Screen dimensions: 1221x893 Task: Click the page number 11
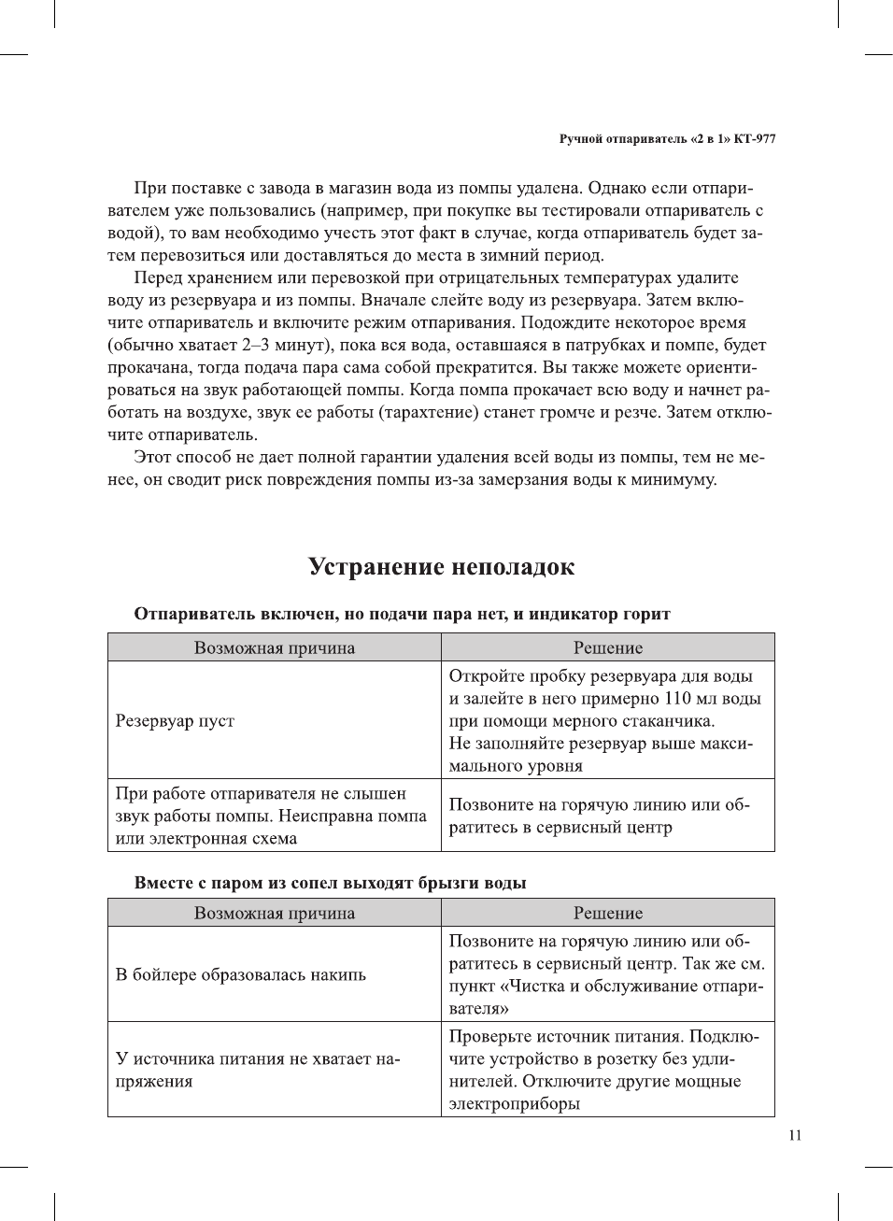795,1135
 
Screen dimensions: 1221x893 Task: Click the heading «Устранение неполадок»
441,567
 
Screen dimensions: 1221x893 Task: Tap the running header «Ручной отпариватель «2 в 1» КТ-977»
667,139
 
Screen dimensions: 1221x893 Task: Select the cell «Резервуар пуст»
175,720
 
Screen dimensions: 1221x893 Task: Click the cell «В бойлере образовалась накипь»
240,974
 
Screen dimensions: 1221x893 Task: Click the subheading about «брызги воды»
330,883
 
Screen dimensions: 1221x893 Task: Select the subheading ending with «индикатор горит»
402,614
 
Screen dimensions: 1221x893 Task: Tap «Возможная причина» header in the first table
274,647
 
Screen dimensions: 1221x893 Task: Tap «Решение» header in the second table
607,913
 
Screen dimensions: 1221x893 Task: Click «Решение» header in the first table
607,647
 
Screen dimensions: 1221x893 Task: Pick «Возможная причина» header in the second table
274,913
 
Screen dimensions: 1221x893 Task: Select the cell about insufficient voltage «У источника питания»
257,1070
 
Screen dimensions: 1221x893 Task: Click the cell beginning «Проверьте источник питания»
603,1070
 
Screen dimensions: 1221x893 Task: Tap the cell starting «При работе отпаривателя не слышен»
270,816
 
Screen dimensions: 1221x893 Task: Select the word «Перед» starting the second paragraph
158,277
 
